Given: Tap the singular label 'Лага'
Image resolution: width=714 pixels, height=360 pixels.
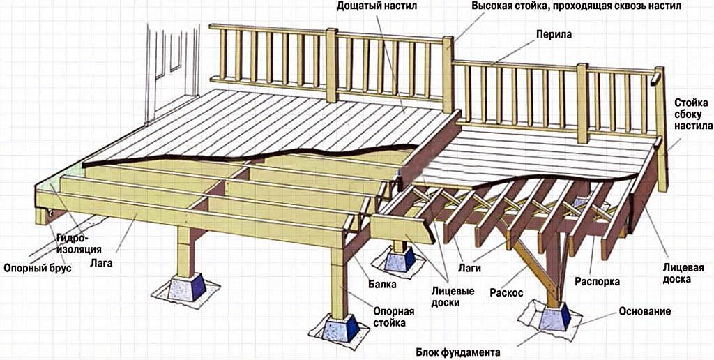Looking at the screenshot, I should pyautogui.click(x=100, y=264).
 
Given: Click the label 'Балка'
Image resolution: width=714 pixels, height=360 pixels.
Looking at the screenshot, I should pyautogui.click(x=382, y=285).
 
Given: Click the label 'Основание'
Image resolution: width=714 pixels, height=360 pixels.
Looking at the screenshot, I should pyautogui.click(x=644, y=311).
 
